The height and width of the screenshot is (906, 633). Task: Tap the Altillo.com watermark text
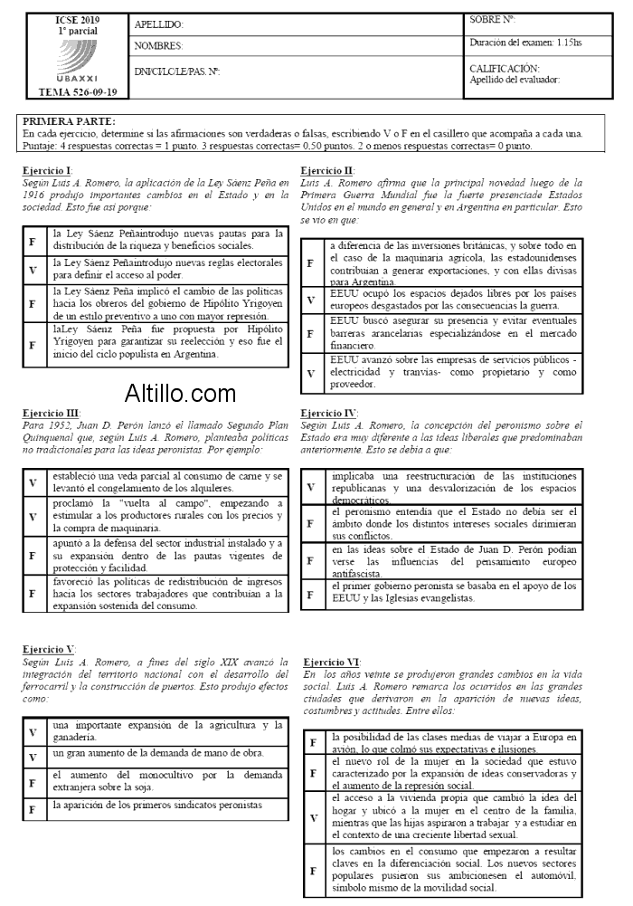click(180, 394)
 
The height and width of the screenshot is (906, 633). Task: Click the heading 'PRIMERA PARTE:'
click(69, 121)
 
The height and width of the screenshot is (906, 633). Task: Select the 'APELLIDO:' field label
click(158, 25)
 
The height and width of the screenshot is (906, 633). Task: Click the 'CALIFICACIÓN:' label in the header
click(505, 68)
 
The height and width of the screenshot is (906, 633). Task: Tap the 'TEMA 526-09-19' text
click(78, 92)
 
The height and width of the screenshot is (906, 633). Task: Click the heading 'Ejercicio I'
click(47, 171)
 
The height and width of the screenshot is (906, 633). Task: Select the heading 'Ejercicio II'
click(327, 171)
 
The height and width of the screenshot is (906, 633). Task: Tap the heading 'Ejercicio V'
click(49, 650)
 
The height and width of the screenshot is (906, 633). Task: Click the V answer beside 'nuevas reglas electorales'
click(33, 270)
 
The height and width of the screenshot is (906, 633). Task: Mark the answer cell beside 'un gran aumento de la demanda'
click(33, 755)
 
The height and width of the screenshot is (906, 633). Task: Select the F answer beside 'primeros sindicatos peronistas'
click(33, 811)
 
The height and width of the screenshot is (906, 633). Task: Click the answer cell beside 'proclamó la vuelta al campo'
click(33, 516)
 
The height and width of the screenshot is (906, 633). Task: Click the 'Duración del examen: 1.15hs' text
click(526, 43)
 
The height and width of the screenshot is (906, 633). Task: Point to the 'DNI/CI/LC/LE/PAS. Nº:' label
click(177, 71)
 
